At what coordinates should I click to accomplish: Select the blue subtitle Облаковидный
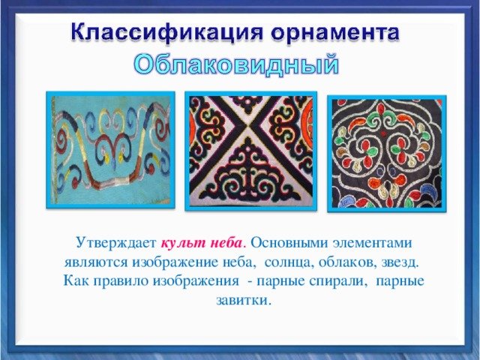pos(236,65)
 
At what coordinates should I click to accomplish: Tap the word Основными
pos(288,243)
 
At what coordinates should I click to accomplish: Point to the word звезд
pos(400,262)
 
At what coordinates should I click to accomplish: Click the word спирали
pos(338,281)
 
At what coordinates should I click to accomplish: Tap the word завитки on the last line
pos(244,300)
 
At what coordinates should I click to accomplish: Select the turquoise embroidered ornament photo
pos(110,150)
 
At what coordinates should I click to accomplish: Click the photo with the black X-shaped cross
pos(251,151)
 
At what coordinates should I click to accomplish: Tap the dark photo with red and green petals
pos(387,154)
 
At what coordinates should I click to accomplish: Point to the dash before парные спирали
pos(250,282)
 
